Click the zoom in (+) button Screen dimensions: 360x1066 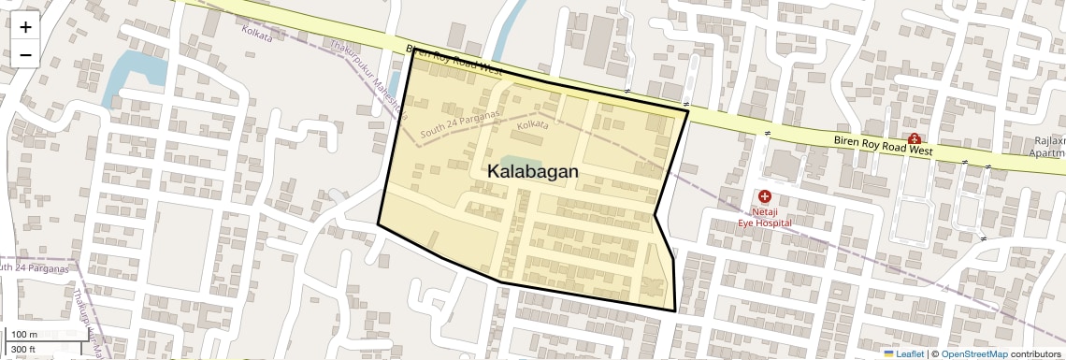pyautogui.click(x=25, y=27)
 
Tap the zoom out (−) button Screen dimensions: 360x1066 pyautogui.click(x=25, y=55)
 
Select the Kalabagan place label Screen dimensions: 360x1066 pyautogui.click(x=533, y=172)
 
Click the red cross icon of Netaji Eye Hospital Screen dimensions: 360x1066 pyautogui.click(x=765, y=197)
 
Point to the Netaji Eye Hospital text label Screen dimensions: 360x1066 pyautogui.click(x=764, y=217)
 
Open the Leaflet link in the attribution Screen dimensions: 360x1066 pyautogui.click(x=903, y=353)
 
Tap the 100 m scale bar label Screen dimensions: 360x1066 pyautogui.click(x=24, y=335)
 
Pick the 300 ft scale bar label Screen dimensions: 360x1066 pyautogui.click(x=23, y=350)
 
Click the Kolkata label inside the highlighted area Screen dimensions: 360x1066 pyautogui.click(x=533, y=124)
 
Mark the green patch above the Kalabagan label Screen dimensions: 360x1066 pyautogui.click(x=511, y=161)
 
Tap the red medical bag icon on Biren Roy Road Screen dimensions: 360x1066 pyautogui.click(x=914, y=138)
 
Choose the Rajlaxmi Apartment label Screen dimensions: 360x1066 pyautogui.click(x=1044, y=147)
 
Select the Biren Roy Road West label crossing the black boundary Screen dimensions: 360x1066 pyautogui.click(x=454, y=62)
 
